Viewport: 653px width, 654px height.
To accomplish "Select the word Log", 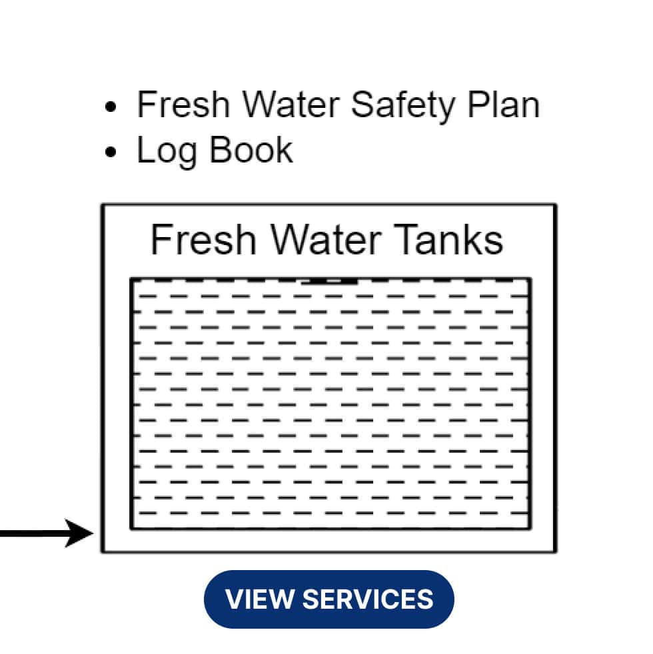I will pyautogui.click(x=167, y=150).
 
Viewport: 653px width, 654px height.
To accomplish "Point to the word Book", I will pyautogui.click(x=251, y=149).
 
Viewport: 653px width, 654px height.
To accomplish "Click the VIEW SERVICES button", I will pyautogui.click(x=328, y=599).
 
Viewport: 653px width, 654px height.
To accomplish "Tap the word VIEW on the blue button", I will pyautogui.click(x=259, y=599).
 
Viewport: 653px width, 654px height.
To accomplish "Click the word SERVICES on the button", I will pyautogui.click(x=368, y=599).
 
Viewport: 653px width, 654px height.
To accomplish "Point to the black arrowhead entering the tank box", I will pyautogui.click(x=81, y=533).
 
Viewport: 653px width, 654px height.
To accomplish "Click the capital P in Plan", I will pyautogui.click(x=476, y=105).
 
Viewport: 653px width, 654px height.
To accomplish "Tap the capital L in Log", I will pyautogui.click(x=144, y=149).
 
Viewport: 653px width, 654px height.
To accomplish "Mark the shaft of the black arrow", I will pyautogui.click(x=33, y=533).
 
